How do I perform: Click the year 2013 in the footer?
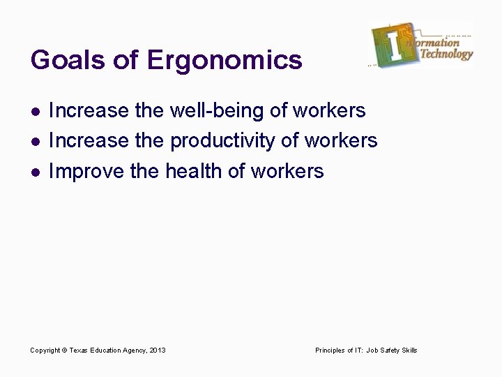pos(157,350)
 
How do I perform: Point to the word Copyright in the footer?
pos(45,350)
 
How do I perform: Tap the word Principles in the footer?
pos(330,350)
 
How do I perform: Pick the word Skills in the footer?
pos(410,350)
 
